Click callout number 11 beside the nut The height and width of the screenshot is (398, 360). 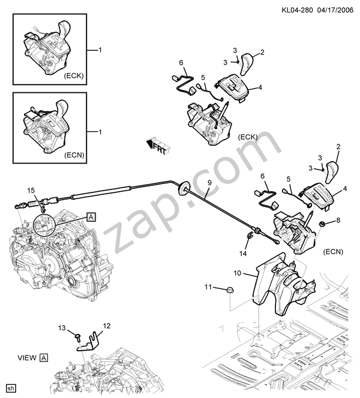click(209, 288)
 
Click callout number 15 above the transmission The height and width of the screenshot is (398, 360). click(31, 191)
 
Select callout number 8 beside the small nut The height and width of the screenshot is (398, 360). click(337, 220)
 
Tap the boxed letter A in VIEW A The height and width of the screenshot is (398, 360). click(44, 358)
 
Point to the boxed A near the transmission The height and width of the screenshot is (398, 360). click(91, 216)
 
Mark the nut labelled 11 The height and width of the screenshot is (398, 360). click(230, 291)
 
